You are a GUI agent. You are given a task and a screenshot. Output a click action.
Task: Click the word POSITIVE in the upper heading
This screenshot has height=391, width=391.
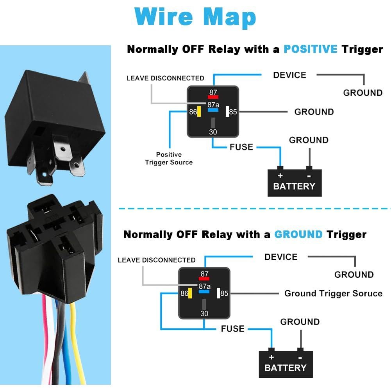[310, 50]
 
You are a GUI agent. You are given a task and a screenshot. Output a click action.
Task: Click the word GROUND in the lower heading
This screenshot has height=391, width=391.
[298, 235]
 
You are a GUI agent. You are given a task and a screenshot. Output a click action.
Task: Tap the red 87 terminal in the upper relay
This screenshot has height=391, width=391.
[213, 96]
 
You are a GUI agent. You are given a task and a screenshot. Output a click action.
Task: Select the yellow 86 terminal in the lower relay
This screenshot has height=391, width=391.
[190, 293]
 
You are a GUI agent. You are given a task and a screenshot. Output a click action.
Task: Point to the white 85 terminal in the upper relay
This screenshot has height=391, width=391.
[227, 112]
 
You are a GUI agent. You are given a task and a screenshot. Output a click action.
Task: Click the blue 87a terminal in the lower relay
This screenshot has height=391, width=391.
[204, 291]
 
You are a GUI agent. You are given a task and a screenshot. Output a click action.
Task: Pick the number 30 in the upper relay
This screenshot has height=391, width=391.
[213, 132]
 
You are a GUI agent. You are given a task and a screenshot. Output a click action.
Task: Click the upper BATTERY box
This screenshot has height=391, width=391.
[295, 183]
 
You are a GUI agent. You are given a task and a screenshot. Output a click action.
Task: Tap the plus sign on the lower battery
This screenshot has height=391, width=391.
[271, 357]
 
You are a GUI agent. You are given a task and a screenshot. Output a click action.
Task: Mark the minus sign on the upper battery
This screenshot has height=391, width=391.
[309, 175]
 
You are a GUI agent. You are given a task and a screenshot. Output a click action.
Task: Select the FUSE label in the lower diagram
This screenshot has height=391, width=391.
[233, 329]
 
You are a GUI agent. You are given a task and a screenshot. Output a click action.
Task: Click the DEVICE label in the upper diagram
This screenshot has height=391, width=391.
[289, 75]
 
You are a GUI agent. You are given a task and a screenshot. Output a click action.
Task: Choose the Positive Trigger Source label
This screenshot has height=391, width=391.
[169, 158]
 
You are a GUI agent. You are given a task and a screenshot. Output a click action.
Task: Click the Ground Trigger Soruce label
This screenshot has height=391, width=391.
[333, 293]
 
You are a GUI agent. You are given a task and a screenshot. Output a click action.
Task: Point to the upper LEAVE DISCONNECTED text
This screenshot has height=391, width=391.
[165, 79]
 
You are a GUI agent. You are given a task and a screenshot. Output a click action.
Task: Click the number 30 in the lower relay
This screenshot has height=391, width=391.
[204, 314]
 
